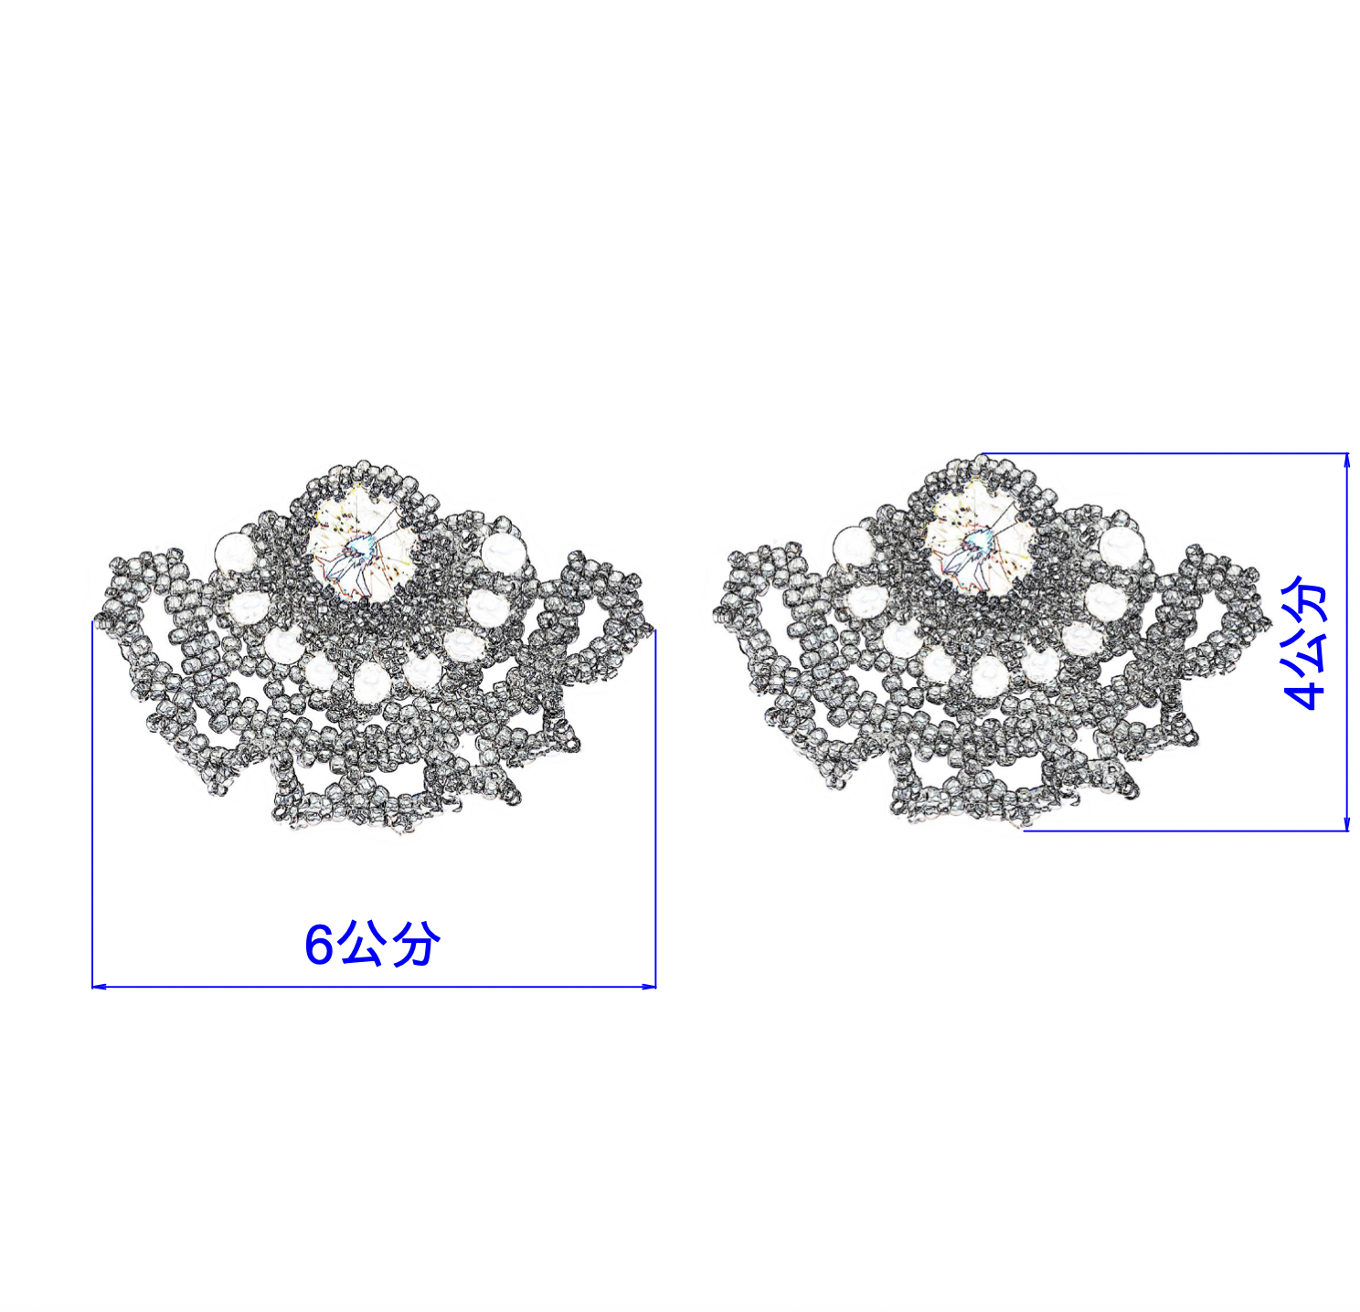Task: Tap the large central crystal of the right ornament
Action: click(x=979, y=540)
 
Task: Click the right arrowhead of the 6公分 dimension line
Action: click(x=648, y=987)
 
